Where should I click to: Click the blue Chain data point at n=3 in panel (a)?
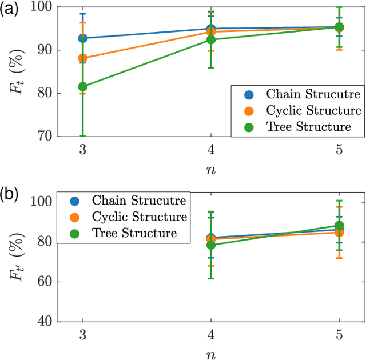coord(82,38)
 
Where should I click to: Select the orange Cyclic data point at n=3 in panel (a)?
coord(82,58)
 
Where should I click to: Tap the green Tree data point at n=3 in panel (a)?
coord(82,87)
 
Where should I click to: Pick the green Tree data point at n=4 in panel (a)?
coord(211,40)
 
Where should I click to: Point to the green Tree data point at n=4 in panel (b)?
coord(211,245)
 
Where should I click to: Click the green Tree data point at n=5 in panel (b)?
coord(339,226)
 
